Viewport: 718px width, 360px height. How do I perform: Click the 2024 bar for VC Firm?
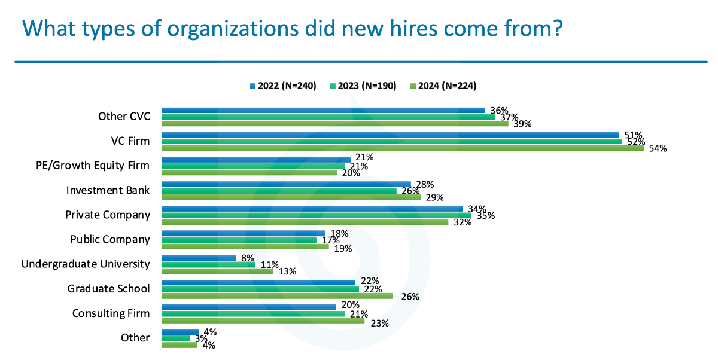[x=402, y=148]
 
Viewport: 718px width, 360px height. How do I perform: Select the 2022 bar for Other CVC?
[x=323, y=110]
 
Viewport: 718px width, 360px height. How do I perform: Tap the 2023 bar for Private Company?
[x=316, y=215]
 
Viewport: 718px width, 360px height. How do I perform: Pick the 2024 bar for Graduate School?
[x=277, y=295]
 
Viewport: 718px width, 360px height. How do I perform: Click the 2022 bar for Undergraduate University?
[x=199, y=257]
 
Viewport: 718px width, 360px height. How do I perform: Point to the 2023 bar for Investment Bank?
[x=279, y=191]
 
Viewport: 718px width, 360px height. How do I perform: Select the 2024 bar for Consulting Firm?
[x=263, y=320]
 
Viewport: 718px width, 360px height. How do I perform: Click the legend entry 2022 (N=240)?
[x=282, y=86]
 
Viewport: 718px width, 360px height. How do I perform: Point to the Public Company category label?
[x=110, y=239]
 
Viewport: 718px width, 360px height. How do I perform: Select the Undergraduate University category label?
[x=86, y=264]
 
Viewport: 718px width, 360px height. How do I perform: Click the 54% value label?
[x=658, y=149]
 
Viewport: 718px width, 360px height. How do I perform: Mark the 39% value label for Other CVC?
[x=522, y=124]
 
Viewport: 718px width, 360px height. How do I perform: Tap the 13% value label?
[x=287, y=271]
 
